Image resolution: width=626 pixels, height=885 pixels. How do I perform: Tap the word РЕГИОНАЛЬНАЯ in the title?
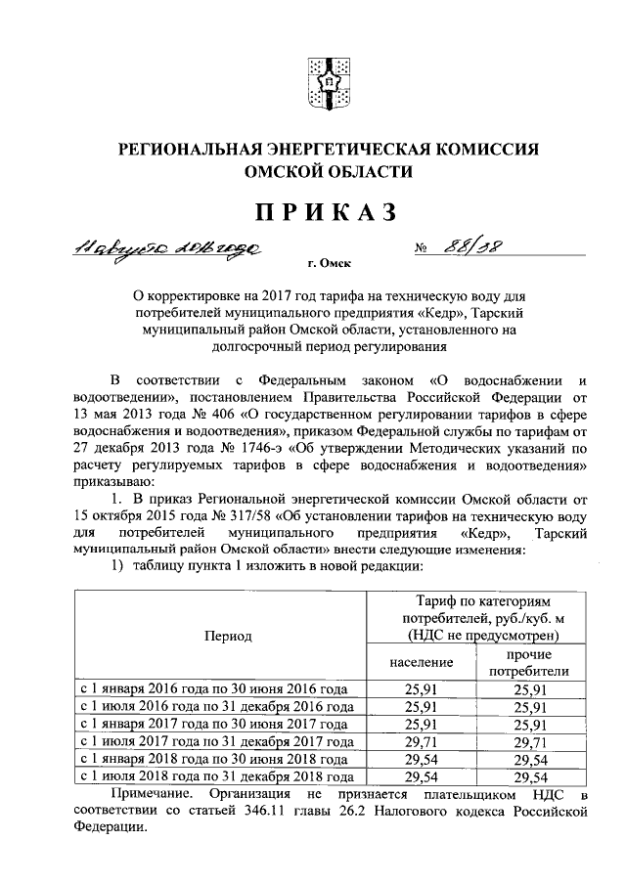[x=187, y=150]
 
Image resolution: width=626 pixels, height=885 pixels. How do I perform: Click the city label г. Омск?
[x=329, y=263]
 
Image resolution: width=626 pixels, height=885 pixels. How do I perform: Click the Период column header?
[x=228, y=636]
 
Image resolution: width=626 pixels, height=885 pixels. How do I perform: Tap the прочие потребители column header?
[x=528, y=662]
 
